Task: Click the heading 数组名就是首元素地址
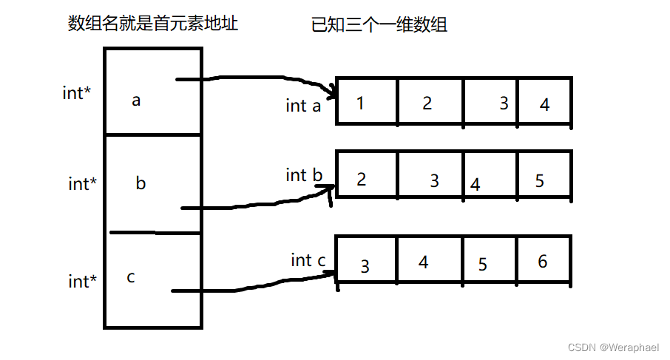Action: [153, 24]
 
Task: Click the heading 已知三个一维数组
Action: [379, 25]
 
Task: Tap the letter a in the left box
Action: [136, 101]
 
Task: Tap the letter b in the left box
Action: [141, 183]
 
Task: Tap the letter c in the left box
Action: [131, 277]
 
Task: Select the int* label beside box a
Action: [78, 94]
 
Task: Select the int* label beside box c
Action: [82, 282]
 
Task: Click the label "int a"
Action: [303, 106]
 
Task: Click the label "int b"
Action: [305, 175]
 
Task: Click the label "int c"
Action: [308, 260]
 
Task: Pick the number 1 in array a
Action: [360, 103]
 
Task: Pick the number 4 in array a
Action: [545, 105]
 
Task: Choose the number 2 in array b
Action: [361, 179]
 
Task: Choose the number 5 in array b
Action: [539, 180]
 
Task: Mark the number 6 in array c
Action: [542, 262]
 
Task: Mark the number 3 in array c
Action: [365, 267]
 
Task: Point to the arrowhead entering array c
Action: [331, 274]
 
